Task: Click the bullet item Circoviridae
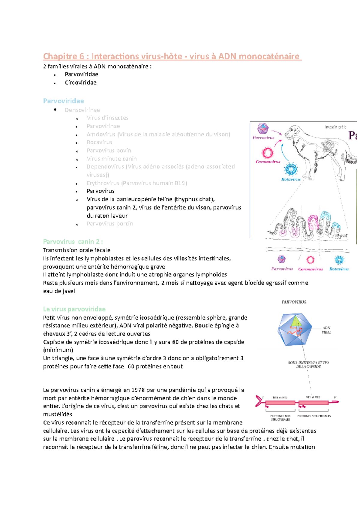(x=81, y=82)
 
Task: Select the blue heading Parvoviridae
(x=63, y=101)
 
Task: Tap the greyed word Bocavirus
(x=99, y=142)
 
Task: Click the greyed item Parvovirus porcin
(x=110, y=224)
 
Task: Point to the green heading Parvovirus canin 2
(x=73, y=242)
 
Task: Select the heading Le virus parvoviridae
(x=74, y=309)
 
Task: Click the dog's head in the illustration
(x=292, y=132)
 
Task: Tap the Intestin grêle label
(x=335, y=127)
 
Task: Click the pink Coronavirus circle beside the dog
(x=267, y=153)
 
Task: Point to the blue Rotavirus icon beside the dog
(x=291, y=169)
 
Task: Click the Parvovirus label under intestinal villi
(x=282, y=269)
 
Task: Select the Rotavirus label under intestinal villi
(x=339, y=269)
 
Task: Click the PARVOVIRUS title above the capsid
(x=294, y=302)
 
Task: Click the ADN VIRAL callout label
(x=326, y=330)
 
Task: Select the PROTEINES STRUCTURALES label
(x=314, y=416)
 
